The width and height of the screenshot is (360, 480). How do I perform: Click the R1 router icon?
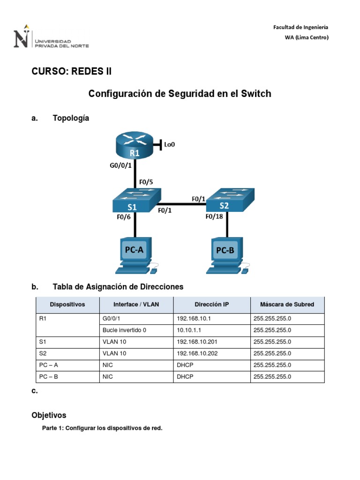coord(135,145)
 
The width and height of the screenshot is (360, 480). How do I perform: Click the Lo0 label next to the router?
coord(169,145)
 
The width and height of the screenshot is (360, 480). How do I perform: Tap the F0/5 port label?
coord(146,182)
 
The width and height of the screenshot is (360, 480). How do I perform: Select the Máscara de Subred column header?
coord(287,304)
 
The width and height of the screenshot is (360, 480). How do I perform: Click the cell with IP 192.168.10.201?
coord(197,342)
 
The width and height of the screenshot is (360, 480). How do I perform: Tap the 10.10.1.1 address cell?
coord(187,330)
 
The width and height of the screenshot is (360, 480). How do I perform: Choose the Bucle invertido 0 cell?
coord(124,330)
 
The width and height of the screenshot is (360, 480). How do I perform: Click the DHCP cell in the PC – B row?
coord(185,376)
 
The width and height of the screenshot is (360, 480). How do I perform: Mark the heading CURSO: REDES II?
coord(72,71)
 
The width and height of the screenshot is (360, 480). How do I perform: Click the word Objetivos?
coord(49,415)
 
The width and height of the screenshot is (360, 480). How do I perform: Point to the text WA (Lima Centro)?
coord(307,37)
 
